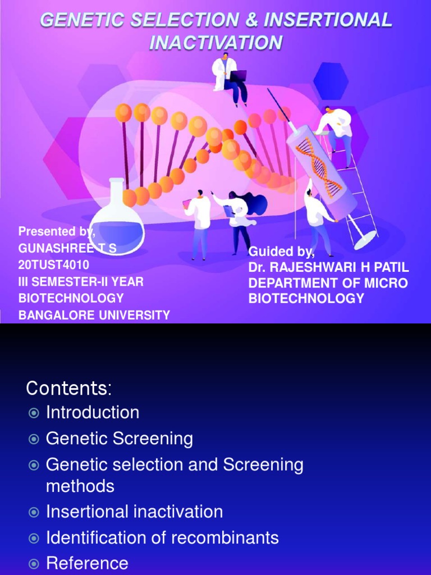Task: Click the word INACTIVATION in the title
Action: (x=216, y=43)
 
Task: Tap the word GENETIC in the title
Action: (x=76, y=21)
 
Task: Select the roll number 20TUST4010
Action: (x=54, y=264)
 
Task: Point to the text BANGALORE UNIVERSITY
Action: (x=94, y=315)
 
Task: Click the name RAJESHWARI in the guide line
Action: (x=314, y=267)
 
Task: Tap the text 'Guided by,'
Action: (x=282, y=251)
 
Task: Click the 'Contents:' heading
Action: (x=69, y=388)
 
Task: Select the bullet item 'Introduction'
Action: (x=93, y=413)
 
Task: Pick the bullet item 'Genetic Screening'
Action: (x=120, y=439)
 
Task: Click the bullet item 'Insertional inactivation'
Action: (x=135, y=512)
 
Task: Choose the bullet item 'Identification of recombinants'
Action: (x=162, y=537)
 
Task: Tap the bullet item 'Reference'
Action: (x=87, y=563)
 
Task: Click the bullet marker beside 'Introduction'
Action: (x=34, y=413)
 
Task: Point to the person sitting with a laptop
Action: (x=229, y=79)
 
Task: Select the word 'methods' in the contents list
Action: (x=80, y=486)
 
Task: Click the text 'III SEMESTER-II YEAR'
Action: (x=81, y=281)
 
